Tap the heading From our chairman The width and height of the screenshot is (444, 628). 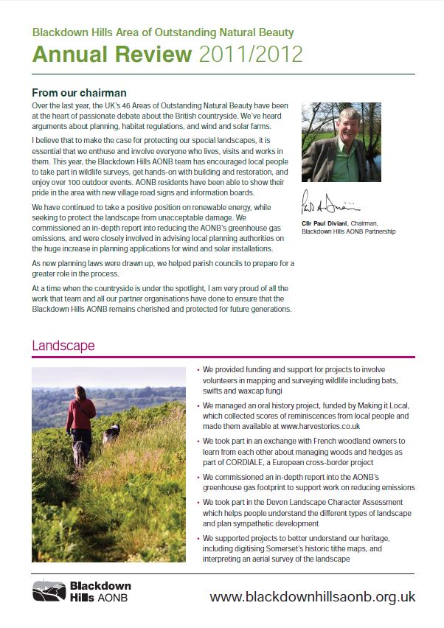click(x=80, y=93)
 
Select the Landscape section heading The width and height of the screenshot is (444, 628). click(x=63, y=345)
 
